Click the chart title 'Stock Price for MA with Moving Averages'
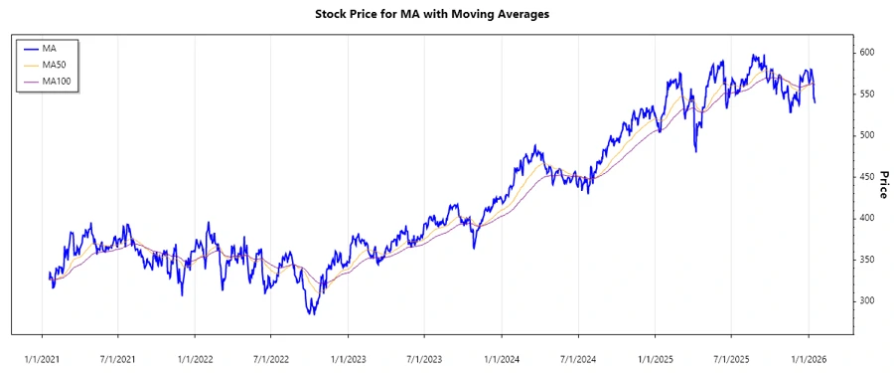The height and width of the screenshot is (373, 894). [x=446, y=14]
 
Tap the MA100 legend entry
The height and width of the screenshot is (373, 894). [x=57, y=82]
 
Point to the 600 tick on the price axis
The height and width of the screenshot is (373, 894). [x=867, y=52]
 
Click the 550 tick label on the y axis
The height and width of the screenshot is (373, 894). [x=867, y=93]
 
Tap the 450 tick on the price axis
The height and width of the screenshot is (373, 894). [x=867, y=176]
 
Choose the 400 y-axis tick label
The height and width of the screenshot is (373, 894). [x=867, y=218]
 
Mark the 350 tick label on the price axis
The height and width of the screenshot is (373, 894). [x=867, y=260]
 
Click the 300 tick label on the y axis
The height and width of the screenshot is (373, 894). [x=867, y=300]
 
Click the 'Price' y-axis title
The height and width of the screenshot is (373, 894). [x=883, y=186]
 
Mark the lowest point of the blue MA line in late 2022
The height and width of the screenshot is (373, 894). [x=312, y=314]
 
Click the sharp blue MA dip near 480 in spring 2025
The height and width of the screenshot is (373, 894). [x=695, y=151]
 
